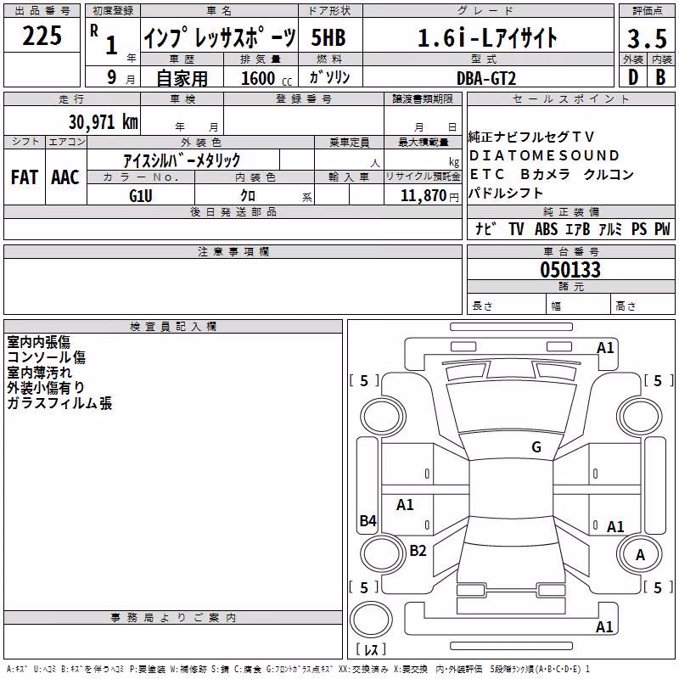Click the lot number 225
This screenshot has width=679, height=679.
point(42,36)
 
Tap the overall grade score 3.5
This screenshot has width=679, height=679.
point(648,38)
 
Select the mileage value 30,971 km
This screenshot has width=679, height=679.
point(103,121)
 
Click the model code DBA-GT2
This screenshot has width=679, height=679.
point(486,78)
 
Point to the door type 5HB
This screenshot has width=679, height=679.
point(328,37)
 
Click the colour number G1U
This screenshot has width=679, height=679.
point(141,196)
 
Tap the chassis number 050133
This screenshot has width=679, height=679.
point(570,270)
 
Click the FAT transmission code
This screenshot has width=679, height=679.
point(25,177)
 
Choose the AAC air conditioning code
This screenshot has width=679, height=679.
point(65,177)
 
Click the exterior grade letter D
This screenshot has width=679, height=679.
point(633,77)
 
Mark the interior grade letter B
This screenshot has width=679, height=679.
point(660,77)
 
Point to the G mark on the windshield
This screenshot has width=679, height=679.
point(536,446)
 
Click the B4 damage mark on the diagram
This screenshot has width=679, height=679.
point(368,520)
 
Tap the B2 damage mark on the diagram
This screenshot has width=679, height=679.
point(418,550)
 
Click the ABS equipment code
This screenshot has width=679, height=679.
point(546,229)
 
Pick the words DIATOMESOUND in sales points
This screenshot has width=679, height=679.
point(544,155)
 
